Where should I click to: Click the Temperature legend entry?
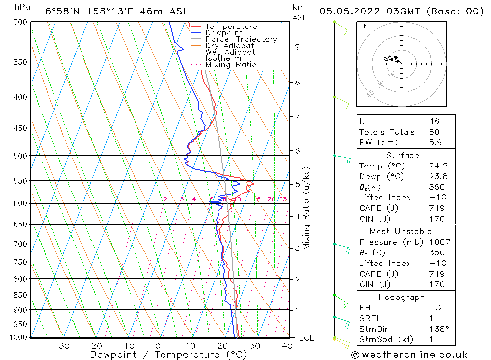pyautogui.click(x=231, y=27)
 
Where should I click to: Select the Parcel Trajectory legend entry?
pyautogui.click(x=241, y=39)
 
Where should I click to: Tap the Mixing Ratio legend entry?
pyautogui.click(x=231, y=65)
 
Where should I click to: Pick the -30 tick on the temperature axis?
pyautogui.click(x=60, y=346)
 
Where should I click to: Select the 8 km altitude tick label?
pyautogui.click(x=297, y=82)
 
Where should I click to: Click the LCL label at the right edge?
pyautogui.click(x=306, y=338)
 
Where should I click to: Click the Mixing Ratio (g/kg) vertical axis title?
pyautogui.click(x=307, y=208)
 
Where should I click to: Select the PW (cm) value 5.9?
pyautogui.click(x=434, y=142)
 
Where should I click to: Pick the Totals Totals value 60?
pyautogui.click(x=434, y=132)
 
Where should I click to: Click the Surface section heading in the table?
pyautogui.click(x=403, y=155)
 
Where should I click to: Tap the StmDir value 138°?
pyautogui.click(x=436, y=329)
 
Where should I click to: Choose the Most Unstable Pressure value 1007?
pyautogui.click(x=436, y=242)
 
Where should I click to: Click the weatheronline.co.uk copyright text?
pyautogui.click(x=409, y=355)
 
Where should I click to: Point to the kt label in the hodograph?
pyautogui.click(x=362, y=26)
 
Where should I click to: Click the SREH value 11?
pyautogui.click(x=434, y=318)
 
